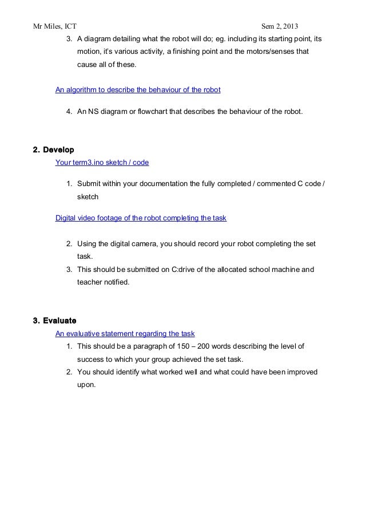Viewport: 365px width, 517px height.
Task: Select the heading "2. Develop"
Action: [53, 149]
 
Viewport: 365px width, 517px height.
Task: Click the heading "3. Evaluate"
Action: [55, 319]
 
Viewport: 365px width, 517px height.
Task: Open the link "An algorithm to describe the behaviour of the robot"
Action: [138, 90]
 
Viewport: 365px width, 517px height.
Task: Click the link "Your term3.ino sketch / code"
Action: [102, 163]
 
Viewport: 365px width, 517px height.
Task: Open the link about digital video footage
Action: [144, 218]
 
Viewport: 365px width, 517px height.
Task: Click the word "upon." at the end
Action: [88, 385]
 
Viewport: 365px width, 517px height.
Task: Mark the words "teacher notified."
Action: [104, 282]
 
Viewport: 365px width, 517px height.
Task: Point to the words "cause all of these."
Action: [107, 64]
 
